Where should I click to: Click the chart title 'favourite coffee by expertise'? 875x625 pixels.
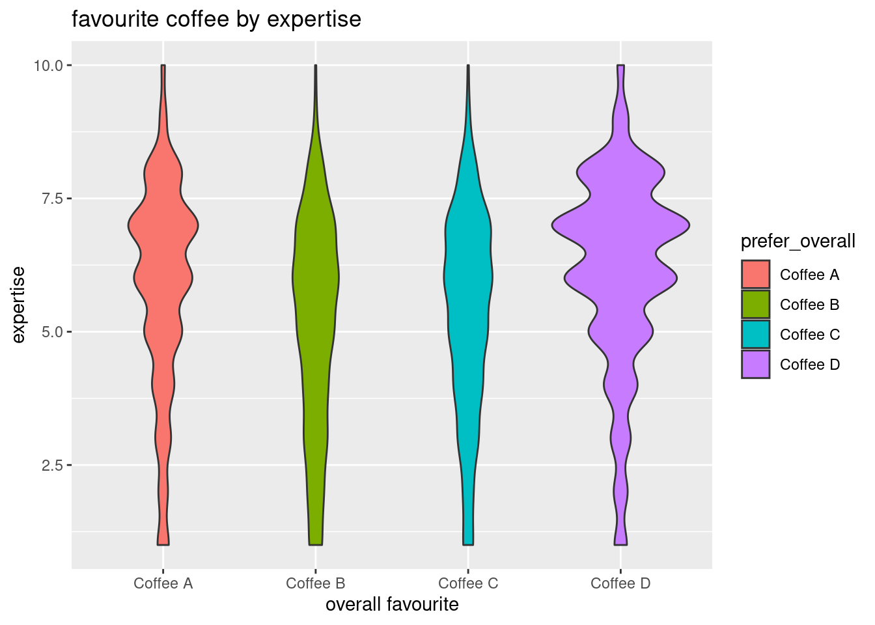[x=216, y=20]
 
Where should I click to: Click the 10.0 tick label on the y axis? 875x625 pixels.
[x=49, y=66]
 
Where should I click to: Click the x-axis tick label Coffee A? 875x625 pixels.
[x=163, y=583]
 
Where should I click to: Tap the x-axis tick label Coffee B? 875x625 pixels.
[x=316, y=583]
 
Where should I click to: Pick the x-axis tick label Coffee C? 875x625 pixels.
[x=468, y=583]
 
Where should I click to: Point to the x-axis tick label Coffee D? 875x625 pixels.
[x=620, y=583]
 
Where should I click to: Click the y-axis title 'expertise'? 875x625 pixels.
[x=19, y=305]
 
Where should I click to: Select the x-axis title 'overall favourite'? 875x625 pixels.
[x=392, y=605]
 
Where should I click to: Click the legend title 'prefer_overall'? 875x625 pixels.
[x=798, y=242]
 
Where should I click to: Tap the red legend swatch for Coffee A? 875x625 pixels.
[x=755, y=275]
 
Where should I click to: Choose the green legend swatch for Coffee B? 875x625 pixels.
[x=755, y=305]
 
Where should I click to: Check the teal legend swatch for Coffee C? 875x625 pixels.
[x=755, y=335]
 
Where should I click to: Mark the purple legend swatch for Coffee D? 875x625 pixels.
[x=755, y=365]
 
